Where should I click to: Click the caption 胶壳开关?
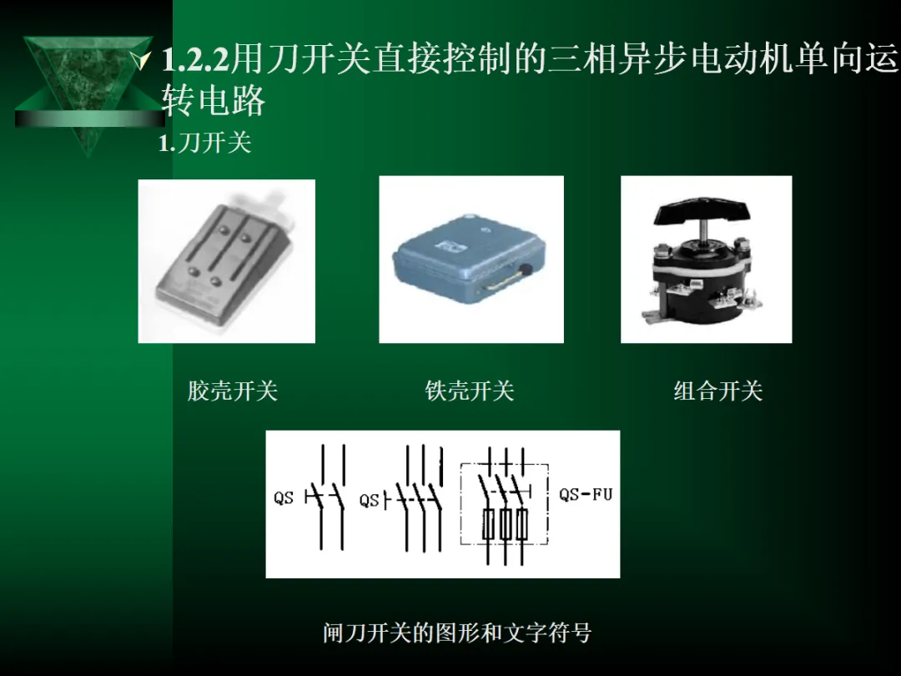pyautogui.click(x=233, y=391)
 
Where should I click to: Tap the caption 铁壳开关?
pyautogui.click(x=470, y=391)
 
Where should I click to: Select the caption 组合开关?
pyautogui.click(x=717, y=391)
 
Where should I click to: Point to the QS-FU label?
pyautogui.click(x=586, y=494)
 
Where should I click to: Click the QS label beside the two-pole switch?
pyautogui.click(x=284, y=497)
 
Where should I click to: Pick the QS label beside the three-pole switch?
pyautogui.click(x=370, y=500)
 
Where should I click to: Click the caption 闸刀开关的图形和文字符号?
pyautogui.click(x=457, y=633)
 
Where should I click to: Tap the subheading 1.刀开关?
pyautogui.click(x=205, y=143)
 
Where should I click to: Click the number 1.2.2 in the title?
pyautogui.click(x=195, y=59)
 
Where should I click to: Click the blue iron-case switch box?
pyautogui.click(x=469, y=256)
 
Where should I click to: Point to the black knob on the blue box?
pyautogui.click(x=526, y=269)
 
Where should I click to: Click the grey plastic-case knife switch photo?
pyautogui.click(x=226, y=261)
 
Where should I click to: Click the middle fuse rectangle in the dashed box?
pyautogui.click(x=505, y=523)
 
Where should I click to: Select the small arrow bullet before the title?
pyautogui.click(x=141, y=60)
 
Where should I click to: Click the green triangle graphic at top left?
pyautogui.click(x=88, y=92)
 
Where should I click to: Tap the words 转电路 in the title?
pyautogui.click(x=213, y=101)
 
